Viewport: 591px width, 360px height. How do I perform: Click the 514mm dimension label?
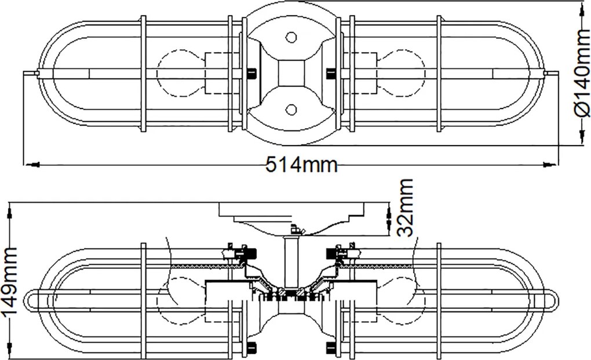(x=301, y=165)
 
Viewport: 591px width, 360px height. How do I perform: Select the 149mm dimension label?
(x=9, y=281)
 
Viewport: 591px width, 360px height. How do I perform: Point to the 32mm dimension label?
(x=405, y=208)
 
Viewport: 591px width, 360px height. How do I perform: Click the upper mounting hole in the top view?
(x=291, y=37)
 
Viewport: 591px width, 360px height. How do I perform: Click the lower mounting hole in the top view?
(x=291, y=110)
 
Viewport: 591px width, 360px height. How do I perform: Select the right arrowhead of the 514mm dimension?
(x=549, y=165)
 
